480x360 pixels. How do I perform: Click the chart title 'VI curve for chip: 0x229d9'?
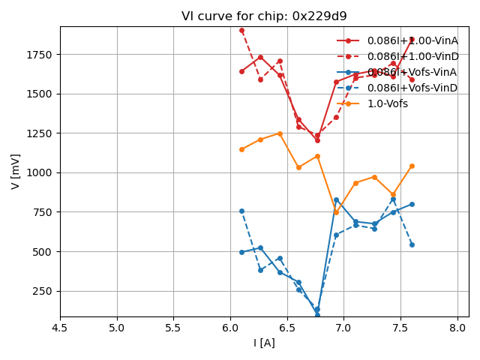point(264,16)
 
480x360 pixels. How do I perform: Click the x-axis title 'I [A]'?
point(264,343)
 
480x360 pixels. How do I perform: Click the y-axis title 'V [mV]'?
point(16,171)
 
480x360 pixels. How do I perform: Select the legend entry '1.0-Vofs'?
point(387,103)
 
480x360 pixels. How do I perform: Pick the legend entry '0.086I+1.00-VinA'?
point(412,40)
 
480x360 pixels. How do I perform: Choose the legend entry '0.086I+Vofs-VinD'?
point(412,88)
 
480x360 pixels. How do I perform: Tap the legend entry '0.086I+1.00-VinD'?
point(412,56)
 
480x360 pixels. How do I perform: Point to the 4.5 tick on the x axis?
point(60,328)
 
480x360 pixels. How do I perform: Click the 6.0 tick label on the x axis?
point(230,328)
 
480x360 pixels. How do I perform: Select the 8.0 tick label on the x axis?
point(457,328)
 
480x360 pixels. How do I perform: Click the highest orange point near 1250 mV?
point(280,133)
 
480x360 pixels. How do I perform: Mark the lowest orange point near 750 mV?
point(336,212)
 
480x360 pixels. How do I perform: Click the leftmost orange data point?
point(241,149)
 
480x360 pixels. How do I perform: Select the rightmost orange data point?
point(412,166)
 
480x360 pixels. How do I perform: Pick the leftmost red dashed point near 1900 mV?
point(241,31)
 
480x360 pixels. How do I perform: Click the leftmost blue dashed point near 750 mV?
point(241,211)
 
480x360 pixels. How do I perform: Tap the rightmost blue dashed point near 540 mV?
point(412,244)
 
